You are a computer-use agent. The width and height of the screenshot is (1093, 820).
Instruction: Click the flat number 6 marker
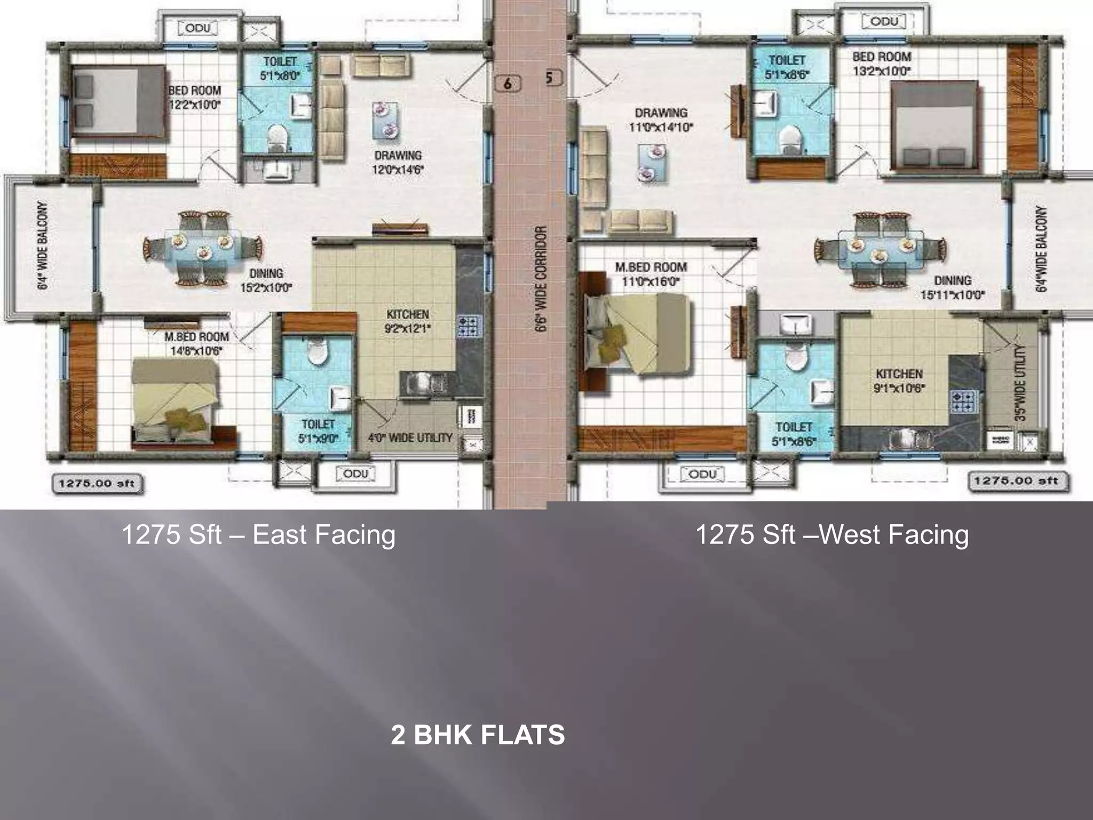(x=507, y=83)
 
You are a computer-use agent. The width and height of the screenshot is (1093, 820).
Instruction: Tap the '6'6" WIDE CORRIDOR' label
(x=541, y=279)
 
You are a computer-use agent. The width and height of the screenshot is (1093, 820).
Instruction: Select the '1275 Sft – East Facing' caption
(x=259, y=534)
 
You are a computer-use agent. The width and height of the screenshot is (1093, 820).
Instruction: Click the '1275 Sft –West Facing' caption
(x=832, y=534)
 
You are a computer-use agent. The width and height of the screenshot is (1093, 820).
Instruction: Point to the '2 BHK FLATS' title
(x=478, y=735)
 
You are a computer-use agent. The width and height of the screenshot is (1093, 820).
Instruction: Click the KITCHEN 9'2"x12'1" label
(x=408, y=321)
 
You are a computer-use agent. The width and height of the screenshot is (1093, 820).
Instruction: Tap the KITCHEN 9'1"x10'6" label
(x=899, y=381)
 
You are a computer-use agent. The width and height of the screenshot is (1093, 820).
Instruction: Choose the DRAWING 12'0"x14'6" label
(x=398, y=162)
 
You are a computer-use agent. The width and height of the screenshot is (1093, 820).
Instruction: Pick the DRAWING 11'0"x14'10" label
(x=661, y=120)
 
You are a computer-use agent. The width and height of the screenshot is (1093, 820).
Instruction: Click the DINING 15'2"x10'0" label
(x=266, y=280)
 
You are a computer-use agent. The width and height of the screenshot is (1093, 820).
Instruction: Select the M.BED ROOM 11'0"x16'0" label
(x=651, y=274)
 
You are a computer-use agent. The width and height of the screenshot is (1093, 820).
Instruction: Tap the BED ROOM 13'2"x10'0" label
(x=881, y=63)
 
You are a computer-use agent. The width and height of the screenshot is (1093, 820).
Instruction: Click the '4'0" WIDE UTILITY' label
(x=410, y=438)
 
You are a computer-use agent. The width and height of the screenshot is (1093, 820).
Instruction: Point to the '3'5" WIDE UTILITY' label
(x=1020, y=383)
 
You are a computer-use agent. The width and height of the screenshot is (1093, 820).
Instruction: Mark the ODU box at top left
(x=197, y=28)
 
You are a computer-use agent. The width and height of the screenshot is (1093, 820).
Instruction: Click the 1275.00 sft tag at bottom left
(x=97, y=484)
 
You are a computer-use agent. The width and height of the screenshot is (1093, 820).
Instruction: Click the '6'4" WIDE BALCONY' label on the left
(x=43, y=245)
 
